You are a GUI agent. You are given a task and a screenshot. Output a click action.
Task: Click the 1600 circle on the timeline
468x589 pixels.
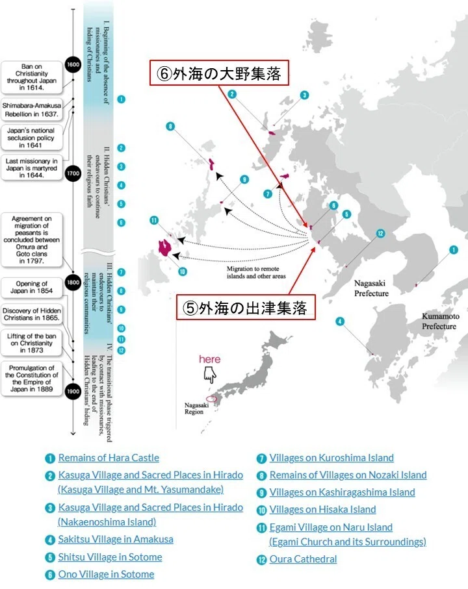[73, 64]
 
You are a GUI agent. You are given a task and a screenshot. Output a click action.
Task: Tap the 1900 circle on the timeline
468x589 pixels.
[73, 391]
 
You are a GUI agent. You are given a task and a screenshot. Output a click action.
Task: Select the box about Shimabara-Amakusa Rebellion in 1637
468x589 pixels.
[32, 110]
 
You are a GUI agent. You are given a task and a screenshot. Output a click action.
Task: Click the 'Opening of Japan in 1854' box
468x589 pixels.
[32, 287]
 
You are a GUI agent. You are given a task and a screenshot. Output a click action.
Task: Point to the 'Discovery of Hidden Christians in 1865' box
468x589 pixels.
[32, 314]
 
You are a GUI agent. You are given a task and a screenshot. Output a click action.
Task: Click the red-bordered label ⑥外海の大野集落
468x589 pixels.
[219, 73]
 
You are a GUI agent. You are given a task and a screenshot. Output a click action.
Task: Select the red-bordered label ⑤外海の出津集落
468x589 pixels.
[246, 307]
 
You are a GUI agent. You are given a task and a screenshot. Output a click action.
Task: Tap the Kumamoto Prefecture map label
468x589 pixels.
[439, 321]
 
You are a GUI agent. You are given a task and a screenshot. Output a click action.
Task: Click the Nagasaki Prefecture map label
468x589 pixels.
[371, 288]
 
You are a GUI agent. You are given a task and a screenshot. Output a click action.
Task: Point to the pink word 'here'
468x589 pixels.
[209, 359]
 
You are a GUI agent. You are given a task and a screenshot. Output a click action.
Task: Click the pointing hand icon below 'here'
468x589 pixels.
[210, 375]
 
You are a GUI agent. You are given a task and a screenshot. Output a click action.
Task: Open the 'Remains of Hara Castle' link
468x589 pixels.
[109, 458]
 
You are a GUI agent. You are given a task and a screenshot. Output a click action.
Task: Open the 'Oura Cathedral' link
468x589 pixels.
[303, 559]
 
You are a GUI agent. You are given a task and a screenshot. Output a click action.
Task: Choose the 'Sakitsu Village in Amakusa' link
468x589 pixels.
[116, 540]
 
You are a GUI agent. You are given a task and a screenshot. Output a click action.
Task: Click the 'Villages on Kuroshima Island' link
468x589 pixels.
[331, 458]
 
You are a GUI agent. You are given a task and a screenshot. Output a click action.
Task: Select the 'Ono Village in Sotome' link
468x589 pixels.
[106, 574]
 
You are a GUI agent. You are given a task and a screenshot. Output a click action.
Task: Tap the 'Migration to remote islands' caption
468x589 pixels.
[256, 272]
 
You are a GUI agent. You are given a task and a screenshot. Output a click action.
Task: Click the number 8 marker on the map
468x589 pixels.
[170, 126]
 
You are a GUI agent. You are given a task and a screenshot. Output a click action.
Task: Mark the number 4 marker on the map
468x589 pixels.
[340, 321]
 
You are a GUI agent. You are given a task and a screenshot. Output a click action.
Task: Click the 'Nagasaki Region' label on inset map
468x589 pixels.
[196, 408]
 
